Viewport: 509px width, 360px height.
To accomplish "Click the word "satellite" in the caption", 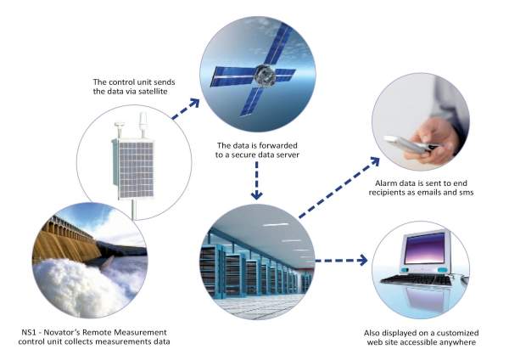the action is [153, 92].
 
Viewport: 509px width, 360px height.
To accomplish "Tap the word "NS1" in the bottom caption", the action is [29, 332].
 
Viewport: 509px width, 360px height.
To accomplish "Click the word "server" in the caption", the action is [288, 155].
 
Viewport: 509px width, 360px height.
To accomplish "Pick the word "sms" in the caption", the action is [467, 193].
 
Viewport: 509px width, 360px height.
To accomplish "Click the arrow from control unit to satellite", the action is [185, 110].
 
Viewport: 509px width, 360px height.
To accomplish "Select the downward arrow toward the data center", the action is [257, 181].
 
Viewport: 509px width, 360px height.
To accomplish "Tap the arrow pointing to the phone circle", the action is [339, 188].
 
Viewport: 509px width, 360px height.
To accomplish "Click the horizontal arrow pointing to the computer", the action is [342, 261].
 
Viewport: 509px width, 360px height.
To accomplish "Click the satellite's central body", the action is [265, 76].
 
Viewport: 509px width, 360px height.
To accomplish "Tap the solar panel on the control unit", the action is [136, 170].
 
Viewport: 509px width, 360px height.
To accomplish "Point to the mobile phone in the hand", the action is [409, 145].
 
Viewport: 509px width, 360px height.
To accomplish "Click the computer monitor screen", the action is [424, 248].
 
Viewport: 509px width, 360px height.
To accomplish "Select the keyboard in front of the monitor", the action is [417, 280].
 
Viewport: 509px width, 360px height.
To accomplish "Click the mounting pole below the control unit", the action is [133, 210].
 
